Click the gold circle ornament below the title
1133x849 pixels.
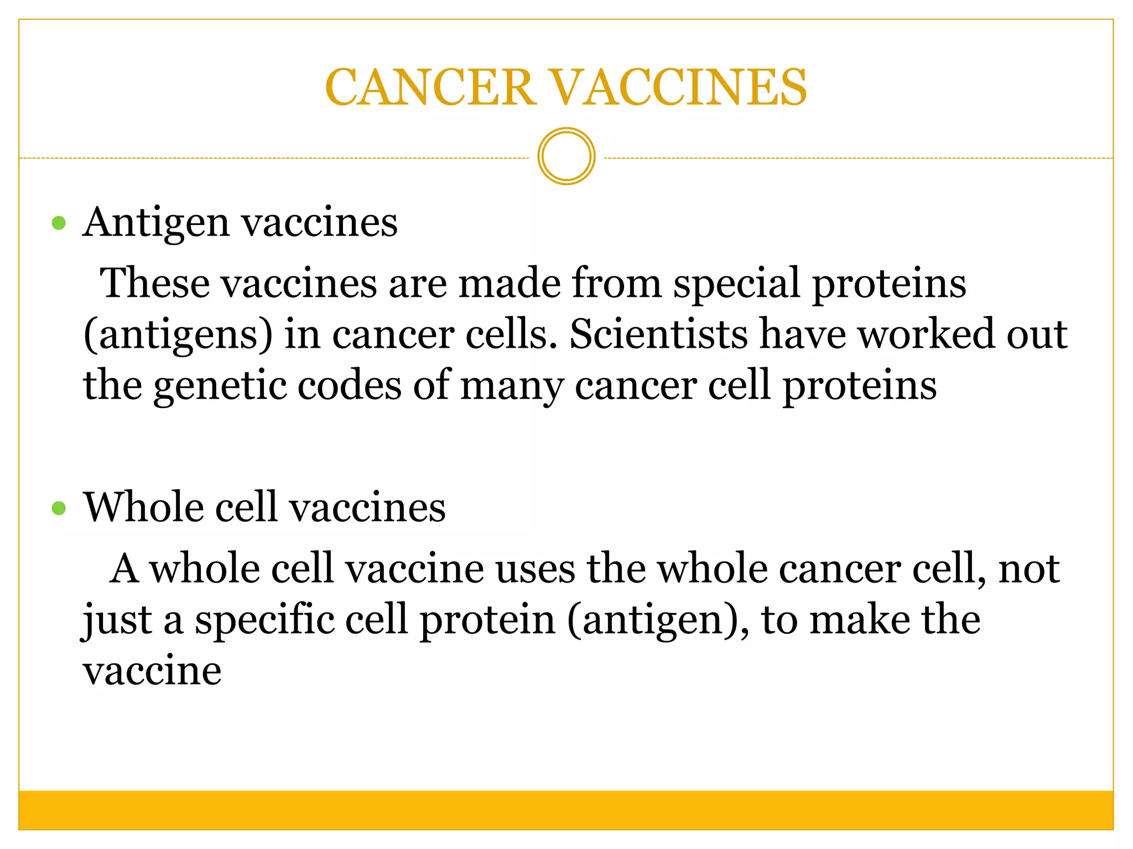[x=566, y=156]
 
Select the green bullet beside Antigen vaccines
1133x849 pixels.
[x=59, y=223]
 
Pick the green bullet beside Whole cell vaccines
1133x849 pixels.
[x=59, y=508]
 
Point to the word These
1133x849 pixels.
[x=155, y=283]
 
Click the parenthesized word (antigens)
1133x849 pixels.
[x=178, y=336]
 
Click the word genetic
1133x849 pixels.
[x=220, y=386]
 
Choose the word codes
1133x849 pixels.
[x=350, y=385]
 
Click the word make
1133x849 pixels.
[x=860, y=620]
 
